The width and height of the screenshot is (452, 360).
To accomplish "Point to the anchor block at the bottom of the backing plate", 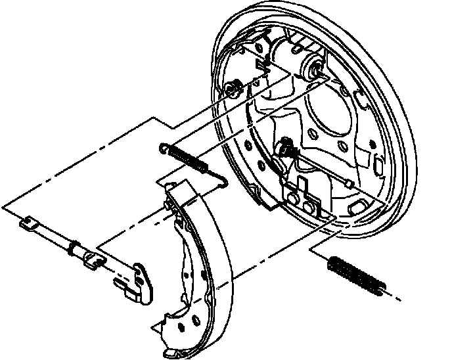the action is (x=305, y=197).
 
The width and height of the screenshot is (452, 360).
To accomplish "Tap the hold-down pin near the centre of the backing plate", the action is (x=284, y=148).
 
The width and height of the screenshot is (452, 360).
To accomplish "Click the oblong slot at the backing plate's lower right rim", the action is (x=359, y=206).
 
